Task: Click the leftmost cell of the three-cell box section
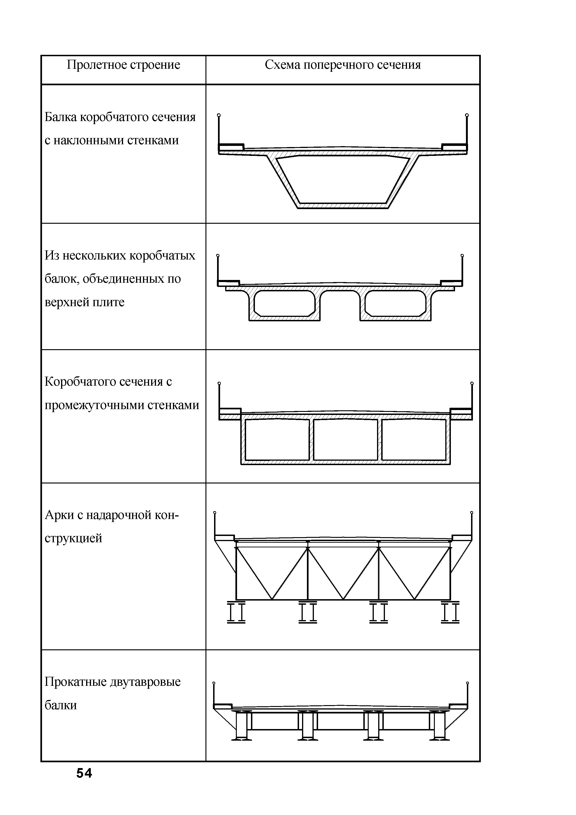click(x=277, y=440)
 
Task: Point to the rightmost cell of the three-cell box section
click(x=413, y=440)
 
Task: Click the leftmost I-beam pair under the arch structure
click(x=236, y=612)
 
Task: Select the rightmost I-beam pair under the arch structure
click(x=450, y=612)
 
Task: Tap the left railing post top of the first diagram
click(x=219, y=115)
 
